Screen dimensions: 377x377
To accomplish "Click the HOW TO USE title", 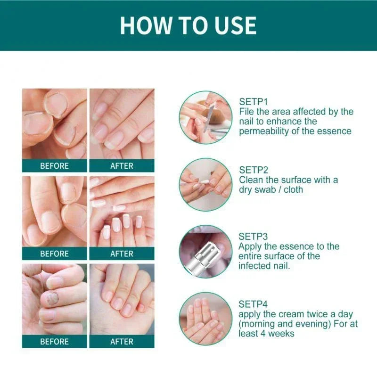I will tap(188, 25).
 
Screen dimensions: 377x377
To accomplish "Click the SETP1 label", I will tap(254, 102).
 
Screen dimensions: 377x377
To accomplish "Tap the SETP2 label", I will tap(254, 169).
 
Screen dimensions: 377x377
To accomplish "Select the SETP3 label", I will tap(254, 237).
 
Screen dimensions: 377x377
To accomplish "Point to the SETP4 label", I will tap(254, 304).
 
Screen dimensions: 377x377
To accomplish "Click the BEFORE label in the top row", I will tap(54, 166).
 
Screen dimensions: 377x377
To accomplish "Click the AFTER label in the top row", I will tap(122, 166).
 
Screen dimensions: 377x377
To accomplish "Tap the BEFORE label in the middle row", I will tap(54, 254).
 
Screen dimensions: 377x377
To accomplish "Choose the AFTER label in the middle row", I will tap(122, 254).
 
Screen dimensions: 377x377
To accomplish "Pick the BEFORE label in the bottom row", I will tap(54, 341).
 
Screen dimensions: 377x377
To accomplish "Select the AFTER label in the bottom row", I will tap(122, 341).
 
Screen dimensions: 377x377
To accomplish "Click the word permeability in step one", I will tap(265, 131).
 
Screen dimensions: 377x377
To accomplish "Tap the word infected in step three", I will tap(256, 266).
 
